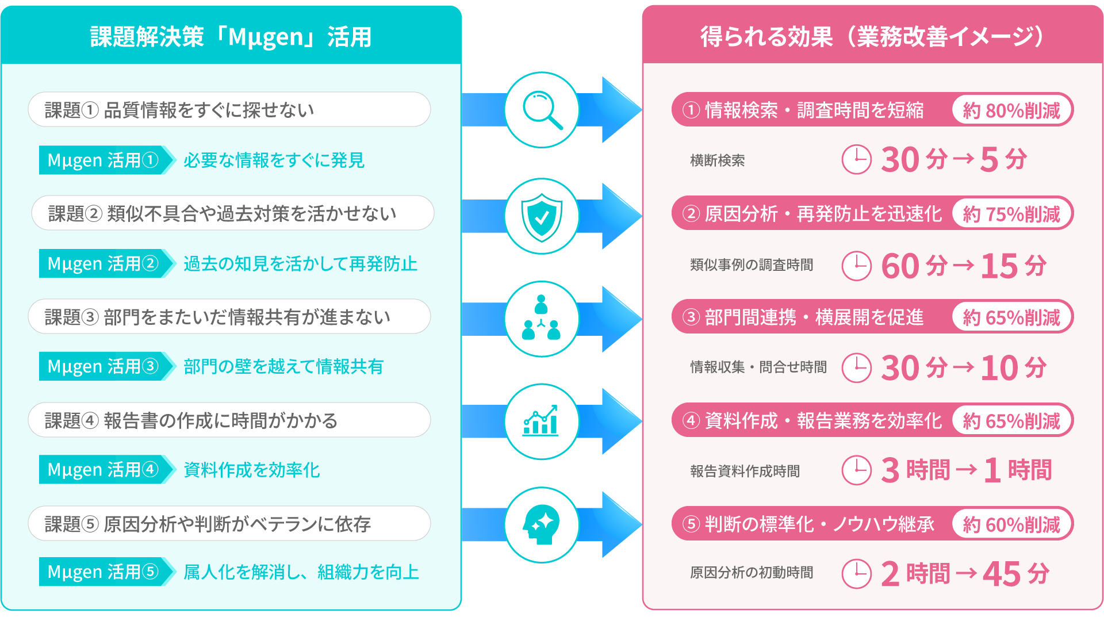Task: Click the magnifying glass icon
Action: (542, 110)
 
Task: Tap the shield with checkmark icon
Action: (542, 216)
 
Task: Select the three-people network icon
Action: (541, 317)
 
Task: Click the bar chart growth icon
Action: (540, 420)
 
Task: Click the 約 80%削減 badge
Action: (1011, 110)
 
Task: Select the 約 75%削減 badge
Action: (1011, 213)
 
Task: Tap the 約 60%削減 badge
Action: (1011, 524)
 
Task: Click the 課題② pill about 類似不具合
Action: (233, 213)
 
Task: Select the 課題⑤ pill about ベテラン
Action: (229, 523)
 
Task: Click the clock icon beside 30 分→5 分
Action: (857, 159)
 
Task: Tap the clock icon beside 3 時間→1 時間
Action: (857, 470)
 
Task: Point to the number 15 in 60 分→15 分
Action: (999, 266)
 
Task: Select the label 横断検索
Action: (718, 160)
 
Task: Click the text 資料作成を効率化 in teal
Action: (251, 470)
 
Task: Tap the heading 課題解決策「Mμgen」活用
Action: (231, 37)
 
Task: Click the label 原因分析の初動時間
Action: (752, 573)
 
